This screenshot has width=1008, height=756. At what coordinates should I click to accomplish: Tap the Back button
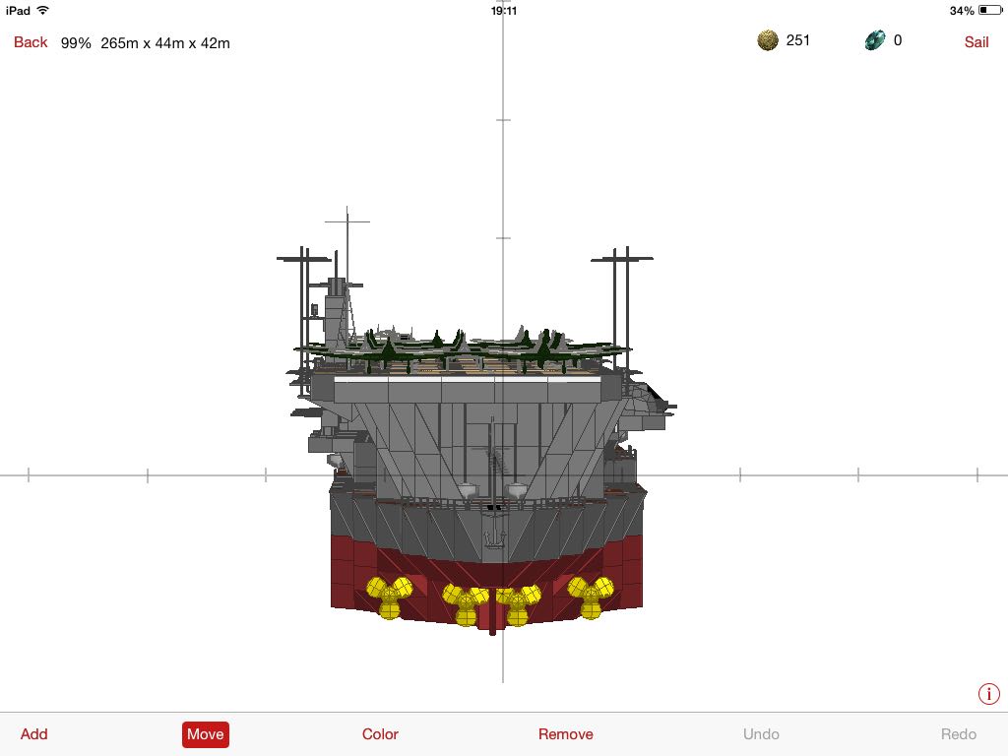[x=31, y=42]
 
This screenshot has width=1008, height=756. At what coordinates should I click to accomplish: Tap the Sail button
[x=976, y=42]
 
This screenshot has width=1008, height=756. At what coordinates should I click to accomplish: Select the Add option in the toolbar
[x=34, y=734]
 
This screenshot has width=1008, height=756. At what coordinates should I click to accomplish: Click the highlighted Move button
[x=205, y=734]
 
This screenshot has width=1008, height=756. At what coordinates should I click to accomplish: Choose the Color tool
[x=380, y=734]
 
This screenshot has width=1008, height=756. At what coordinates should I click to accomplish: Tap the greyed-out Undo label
[x=761, y=734]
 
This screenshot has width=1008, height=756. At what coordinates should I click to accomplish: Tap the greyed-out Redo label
[x=959, y=734]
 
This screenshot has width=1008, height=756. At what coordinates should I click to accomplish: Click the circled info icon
[x=988, y=694]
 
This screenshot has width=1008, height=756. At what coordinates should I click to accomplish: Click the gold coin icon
[x=768, y=40]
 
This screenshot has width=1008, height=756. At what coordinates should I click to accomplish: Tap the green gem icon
[x=875, y=40]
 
